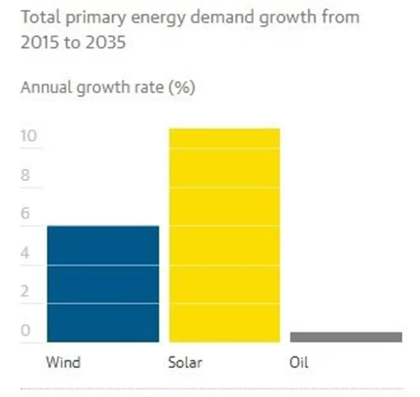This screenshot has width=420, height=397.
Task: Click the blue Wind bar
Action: [x=103, y=283]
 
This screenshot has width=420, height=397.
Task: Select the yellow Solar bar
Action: [x=224, y=235]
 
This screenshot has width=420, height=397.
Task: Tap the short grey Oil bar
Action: [x=346, y=337]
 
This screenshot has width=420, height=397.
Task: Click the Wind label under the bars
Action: [x=63, y=362]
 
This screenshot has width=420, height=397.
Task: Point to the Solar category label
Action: [x=186, y=362]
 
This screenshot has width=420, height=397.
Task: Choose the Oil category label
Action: [x=299, y=362]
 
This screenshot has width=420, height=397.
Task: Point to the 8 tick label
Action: [x=25, y=175]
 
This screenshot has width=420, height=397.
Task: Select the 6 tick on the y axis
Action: [x=25, y=214]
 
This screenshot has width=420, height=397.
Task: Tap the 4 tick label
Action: [x=25, y=253]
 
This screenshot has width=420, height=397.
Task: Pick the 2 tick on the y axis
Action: [x=25, y=291]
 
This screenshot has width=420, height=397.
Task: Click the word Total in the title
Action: [x=37, y=17]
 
